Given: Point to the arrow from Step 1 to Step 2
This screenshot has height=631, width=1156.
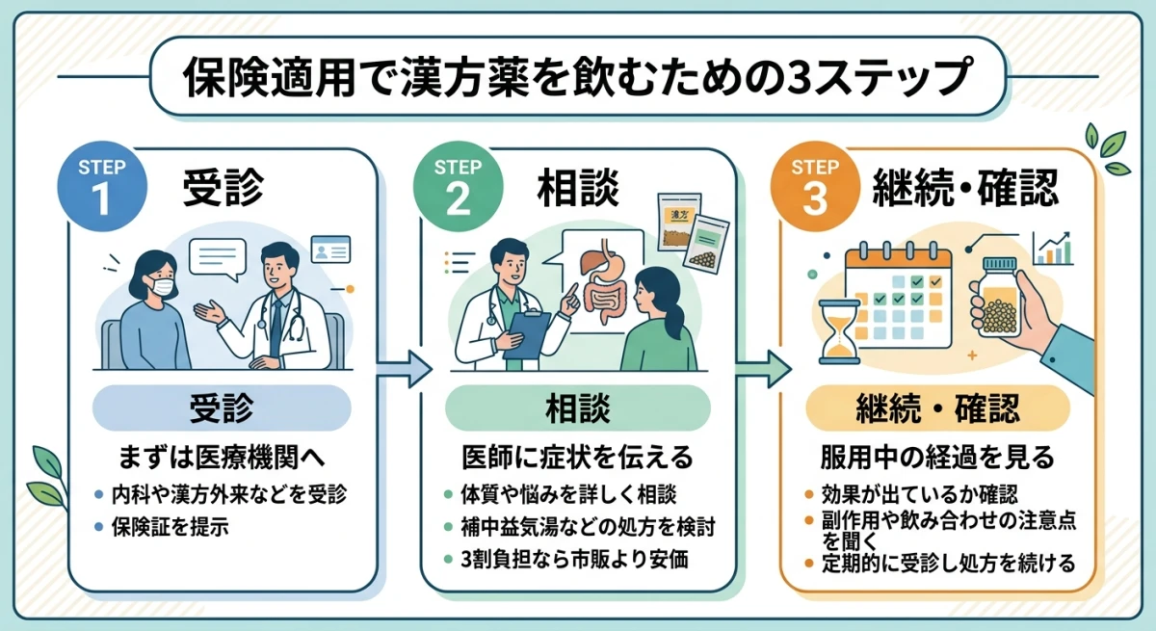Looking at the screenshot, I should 404,367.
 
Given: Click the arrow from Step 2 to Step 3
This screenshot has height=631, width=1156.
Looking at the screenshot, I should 761,367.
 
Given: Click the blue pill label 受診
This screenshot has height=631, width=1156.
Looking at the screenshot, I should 223,408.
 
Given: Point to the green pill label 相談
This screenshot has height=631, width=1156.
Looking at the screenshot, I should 578,408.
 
